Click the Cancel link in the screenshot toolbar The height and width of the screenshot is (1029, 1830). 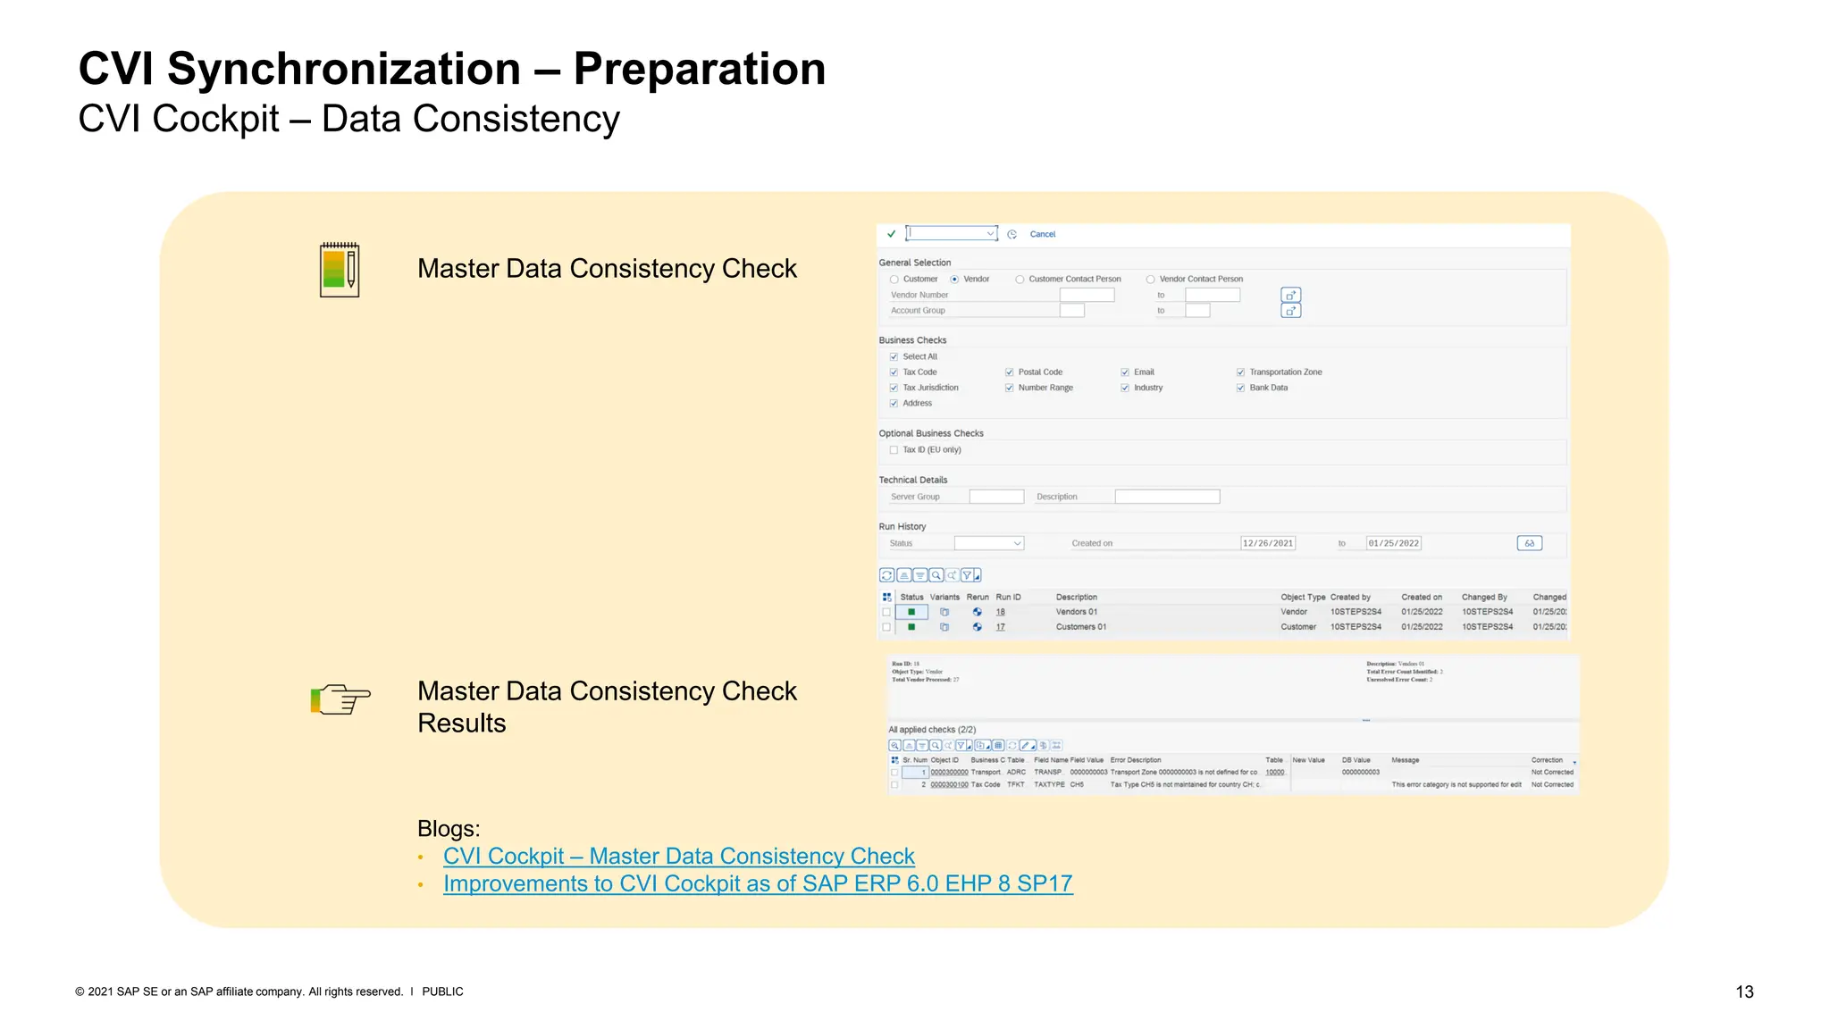pyautogui.click(x=1042, y=234)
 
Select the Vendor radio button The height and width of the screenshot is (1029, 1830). pyautogui.click(x=954, y=280)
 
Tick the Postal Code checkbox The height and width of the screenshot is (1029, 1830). pyautogui.click(x=1009, y=372)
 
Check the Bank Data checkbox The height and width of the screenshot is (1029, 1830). pyautogui.click(x=1240, y=388)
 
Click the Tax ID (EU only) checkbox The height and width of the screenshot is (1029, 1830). pyautogui.click(x=894, y=450)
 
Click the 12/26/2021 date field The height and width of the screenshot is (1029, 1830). pyautogui.click(x=1267, y=543)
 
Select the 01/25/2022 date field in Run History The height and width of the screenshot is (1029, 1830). pyautogui.click(x=1393, y=543)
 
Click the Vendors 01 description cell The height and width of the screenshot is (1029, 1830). pyautogui.click(x=1076, y=612)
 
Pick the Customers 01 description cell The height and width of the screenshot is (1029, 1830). pyautogui.click(x=1080, y=627)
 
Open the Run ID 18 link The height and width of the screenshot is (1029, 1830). pyautogui.click(x=1001, y=612)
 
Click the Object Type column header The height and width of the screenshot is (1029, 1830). pyautogui.click(x=1302, y=597)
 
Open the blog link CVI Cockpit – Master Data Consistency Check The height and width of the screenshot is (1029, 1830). pyautogui.click(x=678, y=856)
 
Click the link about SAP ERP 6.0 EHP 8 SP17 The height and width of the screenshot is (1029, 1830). pyautogui.click(x=757, y=883)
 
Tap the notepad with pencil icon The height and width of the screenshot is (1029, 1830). pyautogui.click(x=340, y=269)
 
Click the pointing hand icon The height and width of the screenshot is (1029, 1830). pyautogui.click(x=340, y=699)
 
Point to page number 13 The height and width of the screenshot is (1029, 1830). pyautogui.click(x=1744, y=991)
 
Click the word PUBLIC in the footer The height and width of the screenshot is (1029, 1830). pyautogui.click(x=442, y=991)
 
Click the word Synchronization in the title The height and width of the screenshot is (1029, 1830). pyautogui.click(x=344, y=69)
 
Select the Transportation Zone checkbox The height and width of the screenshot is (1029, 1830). pyautogui.click(x=1240, y=372)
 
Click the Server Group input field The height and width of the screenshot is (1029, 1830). pyautogui.click(x=996, y=497)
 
